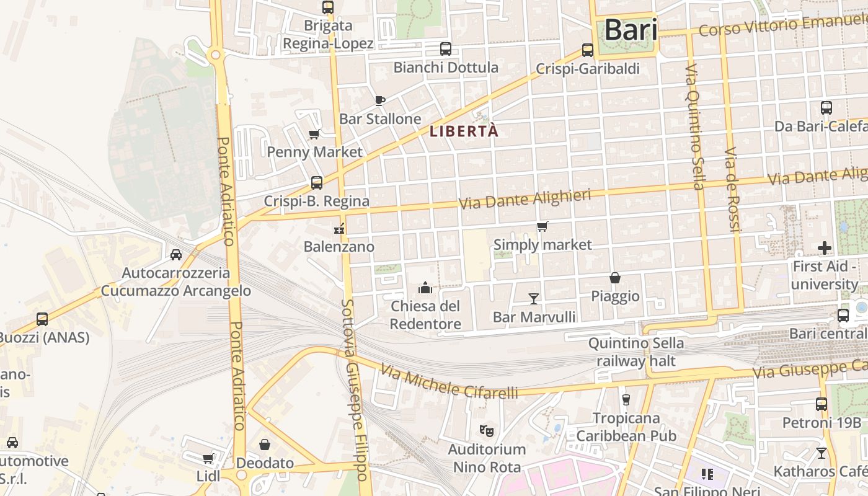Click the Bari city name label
click(631, 30)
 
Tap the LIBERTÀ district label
click(464, 131)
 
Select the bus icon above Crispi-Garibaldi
click(587, 50)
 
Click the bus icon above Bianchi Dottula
click(445, 49)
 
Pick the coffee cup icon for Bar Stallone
click(380, 100)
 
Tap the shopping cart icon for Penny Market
click(314, 134)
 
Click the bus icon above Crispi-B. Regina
click(316, 183)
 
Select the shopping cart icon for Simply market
click(542, 227)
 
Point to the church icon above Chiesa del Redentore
click(425, 288)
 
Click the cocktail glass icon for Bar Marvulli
click(533, 299)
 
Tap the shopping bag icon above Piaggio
click(615, 278)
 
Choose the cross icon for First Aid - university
click(824, 249)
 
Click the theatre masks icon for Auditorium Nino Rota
click(487, 430)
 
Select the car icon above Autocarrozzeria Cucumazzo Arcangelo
click(176, 254)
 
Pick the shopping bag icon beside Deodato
click(265, 445)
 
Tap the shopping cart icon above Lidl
click(208, 458)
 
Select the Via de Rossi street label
click(733, 190)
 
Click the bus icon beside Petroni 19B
click(821, 404)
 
